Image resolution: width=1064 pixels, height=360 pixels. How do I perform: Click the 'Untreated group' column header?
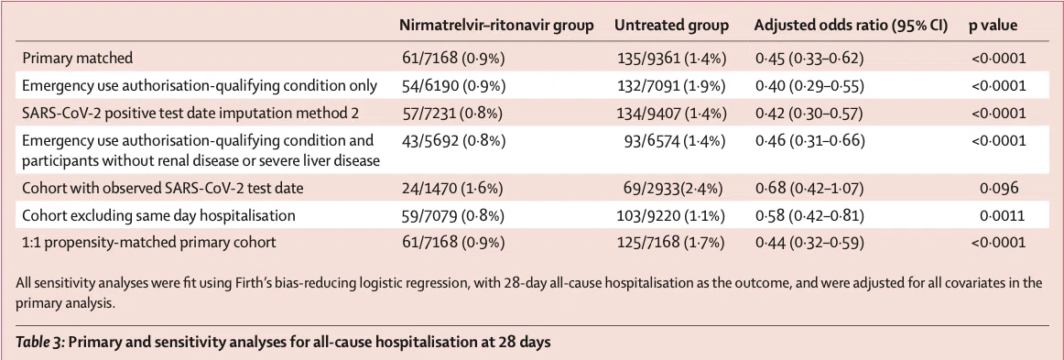pyautogui.click(x=672, y=26)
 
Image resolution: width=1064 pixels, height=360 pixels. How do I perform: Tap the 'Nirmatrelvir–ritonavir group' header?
pyautogui.click(x=497, y=26)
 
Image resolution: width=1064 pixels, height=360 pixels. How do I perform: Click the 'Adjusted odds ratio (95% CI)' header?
pyautogui.click(x=852, y=26)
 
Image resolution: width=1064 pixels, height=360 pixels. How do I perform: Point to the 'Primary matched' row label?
pyautogui.click(x=77, y=59)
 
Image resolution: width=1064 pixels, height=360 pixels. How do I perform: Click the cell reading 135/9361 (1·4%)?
pyautogui.click(x=669, y=59)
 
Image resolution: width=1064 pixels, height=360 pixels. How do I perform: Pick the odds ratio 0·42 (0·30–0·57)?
pyautogui.click(x=809, y=114)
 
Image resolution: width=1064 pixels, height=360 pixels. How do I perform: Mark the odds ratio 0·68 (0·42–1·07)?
pyautogui.click(x=809, y=188)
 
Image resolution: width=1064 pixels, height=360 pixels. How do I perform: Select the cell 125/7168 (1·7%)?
pyautogui.click(x=670, y=243)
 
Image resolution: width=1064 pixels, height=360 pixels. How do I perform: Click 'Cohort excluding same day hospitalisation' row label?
pyautogui.click(x=158, y=216)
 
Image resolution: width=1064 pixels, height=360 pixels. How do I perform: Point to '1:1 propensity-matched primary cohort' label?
pyautogui.click(x=149, y=243)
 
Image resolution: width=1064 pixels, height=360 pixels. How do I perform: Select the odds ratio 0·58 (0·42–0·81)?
pyautogui.click(x=809, y=216)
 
